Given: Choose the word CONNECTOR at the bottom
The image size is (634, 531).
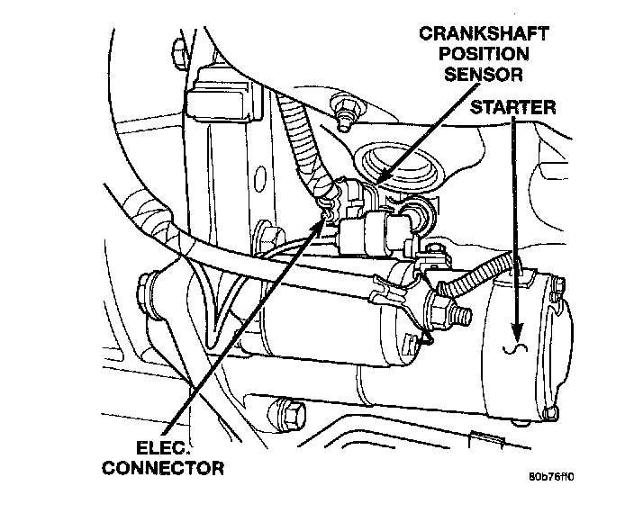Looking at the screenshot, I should point(163,467).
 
